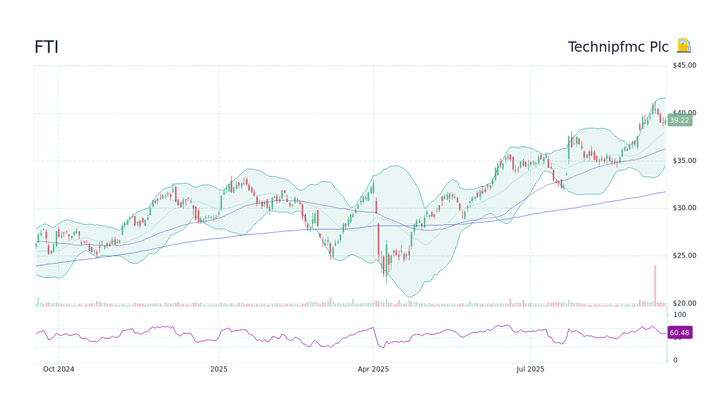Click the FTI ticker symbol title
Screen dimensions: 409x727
tap(46, 48)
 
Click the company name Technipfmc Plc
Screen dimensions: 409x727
tap(618, 48)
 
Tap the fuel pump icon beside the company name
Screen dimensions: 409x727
tap(683, 46)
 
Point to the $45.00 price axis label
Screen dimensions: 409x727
tap(684, 65)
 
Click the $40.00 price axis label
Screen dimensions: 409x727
tap(684, 113)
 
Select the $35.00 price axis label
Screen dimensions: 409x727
tap(684, 161)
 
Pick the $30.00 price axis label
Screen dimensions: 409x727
tap(684, 208)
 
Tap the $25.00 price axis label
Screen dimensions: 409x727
tap(684, 256)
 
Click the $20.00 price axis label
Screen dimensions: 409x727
tap(684, 303)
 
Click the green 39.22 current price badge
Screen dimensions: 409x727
tap(679, 120)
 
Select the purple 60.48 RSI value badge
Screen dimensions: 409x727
tap(679, 333)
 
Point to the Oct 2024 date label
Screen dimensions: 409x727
tap(59, 369)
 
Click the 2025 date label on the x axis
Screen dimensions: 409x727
tap(219, 369)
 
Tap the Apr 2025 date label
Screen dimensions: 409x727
tap(373, 369)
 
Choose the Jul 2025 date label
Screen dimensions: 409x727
tap(530, 369)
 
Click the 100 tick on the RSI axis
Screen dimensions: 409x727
tap(679, 315)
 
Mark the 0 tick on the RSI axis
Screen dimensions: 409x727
tap(675, 360)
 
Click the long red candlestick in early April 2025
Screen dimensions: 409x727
tap(378, 239)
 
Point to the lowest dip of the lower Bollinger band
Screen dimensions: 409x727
tap(411, 297)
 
